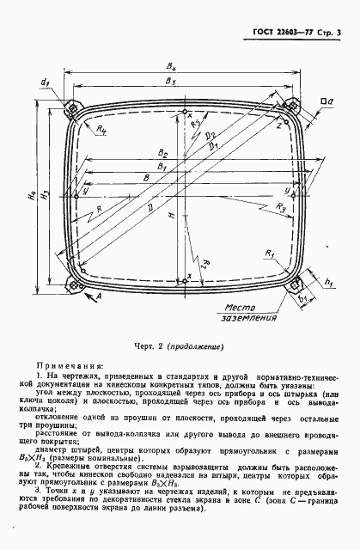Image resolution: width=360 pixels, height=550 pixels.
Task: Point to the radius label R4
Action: click(102, 128)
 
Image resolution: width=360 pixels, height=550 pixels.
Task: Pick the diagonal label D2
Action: click(211, 135)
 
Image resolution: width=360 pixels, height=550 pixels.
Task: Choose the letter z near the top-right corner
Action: click(278, 125)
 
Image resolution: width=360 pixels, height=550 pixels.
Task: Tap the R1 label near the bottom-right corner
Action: click(270, 254)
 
